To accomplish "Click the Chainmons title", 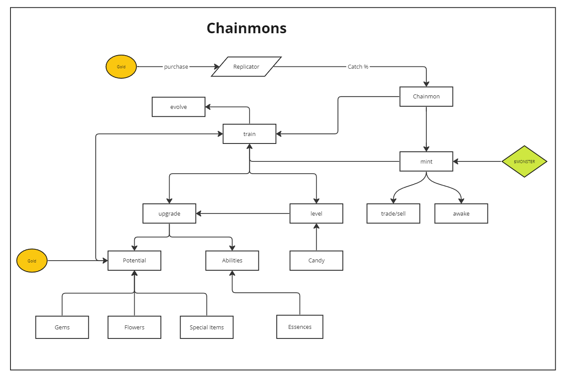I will point(247,28).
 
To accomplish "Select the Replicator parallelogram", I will point(246,67).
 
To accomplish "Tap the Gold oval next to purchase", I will point(121,67).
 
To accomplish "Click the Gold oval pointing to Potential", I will point(32,261).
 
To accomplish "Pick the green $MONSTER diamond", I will point(524,161).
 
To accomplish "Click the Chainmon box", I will point(426,97).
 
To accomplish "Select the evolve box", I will point(178,107).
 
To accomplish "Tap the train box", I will point(249,134).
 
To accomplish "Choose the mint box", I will point(426,161).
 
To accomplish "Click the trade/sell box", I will point(393,214).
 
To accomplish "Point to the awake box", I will point(461,214).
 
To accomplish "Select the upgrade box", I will point(169,214).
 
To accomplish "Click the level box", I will point(316,214).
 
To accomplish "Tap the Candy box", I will point(316,261).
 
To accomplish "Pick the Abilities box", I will point(232,261).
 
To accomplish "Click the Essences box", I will point(300,327).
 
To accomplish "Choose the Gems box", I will point(62,328).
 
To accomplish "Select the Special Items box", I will point(207,328).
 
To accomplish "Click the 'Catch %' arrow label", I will point(358,67).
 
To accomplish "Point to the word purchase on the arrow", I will point(176,67).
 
